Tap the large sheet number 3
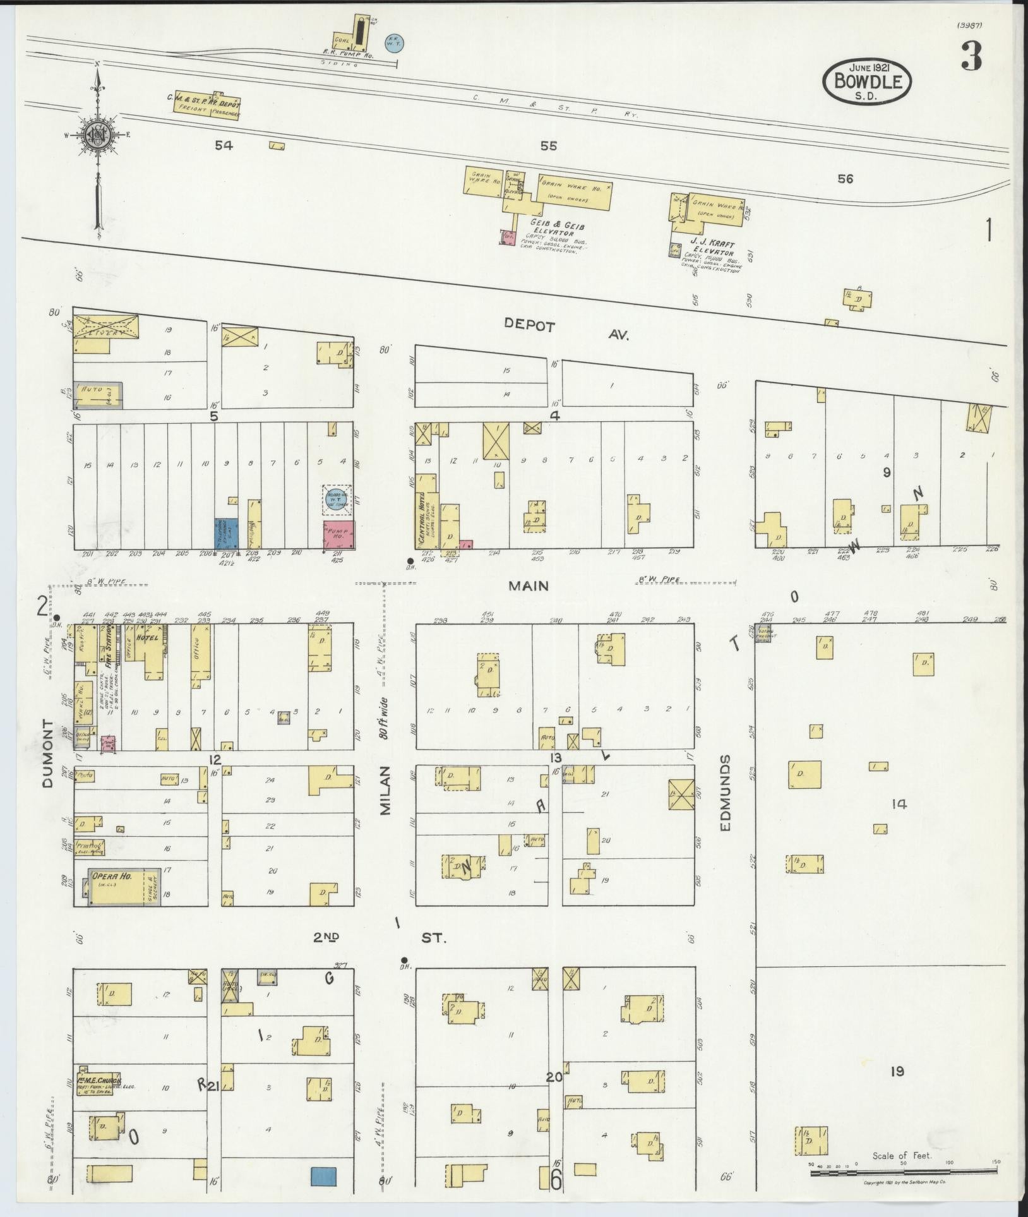pyautogui.click(x=971, y=57)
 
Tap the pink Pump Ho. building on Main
pyautogui.click(x=339, y=534)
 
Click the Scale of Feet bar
pyautogui.click(x=903, y=1173)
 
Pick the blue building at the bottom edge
pyautogui.click(x=323, y=1177)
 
